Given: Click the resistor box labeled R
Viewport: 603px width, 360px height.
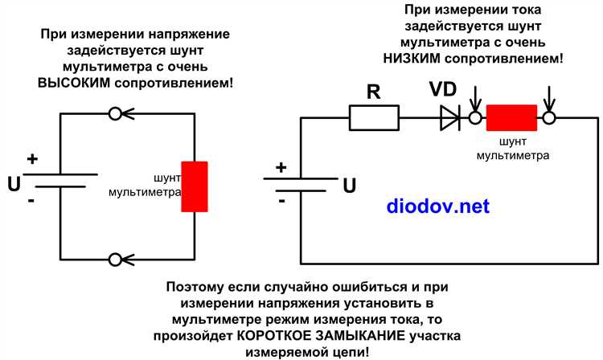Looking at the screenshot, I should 375,119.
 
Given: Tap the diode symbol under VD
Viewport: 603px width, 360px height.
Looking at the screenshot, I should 449,119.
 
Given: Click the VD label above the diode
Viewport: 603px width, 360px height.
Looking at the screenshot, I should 444,89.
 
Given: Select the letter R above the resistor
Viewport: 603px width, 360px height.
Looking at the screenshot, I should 373,92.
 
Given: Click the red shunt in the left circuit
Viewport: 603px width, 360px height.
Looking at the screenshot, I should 195,186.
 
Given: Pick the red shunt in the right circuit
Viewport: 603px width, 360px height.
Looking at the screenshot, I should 511,118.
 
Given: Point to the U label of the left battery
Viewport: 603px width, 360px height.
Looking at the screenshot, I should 14,184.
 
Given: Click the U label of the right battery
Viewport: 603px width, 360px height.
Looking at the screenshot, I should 349,186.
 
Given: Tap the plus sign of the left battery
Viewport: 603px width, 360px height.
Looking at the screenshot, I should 32,158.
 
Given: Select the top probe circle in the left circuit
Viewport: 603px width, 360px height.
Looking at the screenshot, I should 115,114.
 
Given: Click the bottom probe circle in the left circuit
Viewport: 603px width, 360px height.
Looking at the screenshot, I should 115,259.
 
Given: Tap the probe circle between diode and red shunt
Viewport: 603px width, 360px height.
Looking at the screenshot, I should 474,119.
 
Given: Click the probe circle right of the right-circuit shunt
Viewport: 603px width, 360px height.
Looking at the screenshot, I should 549,119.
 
